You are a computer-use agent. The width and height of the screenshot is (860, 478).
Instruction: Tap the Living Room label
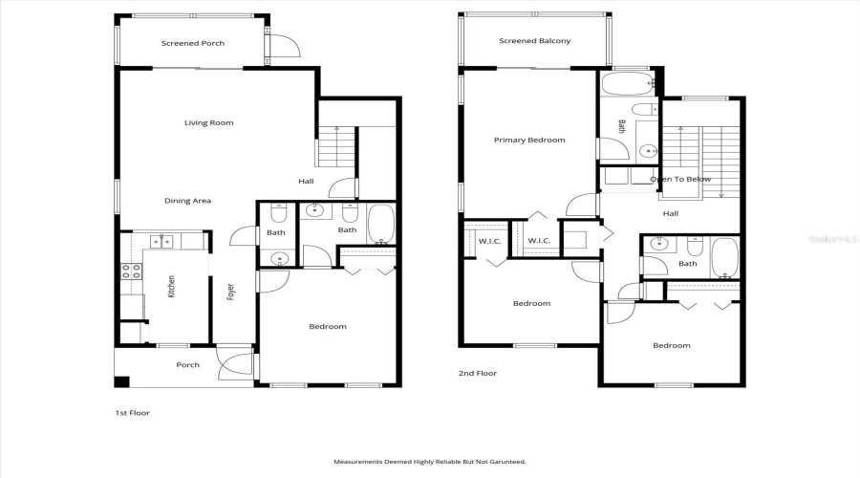point(208,122)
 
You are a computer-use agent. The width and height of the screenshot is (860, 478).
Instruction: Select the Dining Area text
point(187,201)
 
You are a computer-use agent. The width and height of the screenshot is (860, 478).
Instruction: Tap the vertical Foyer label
point(230,293)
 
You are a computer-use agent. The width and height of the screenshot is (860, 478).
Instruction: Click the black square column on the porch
point(121,381)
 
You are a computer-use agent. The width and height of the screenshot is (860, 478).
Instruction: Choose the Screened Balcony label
point(535,41)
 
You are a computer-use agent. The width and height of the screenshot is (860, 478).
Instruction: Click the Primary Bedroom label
point(528,140)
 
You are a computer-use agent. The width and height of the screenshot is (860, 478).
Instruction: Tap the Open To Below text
point(679,179)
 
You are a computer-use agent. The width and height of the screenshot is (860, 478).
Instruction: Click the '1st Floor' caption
point(132,413)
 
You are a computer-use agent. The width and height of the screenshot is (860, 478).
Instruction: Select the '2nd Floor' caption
point(478,374)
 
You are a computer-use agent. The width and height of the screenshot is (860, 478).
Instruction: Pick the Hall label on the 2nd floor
point(670,213)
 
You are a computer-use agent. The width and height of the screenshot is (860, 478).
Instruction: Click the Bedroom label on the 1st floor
point(327,327)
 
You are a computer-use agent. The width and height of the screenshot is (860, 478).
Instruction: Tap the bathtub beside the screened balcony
point(627,84)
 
